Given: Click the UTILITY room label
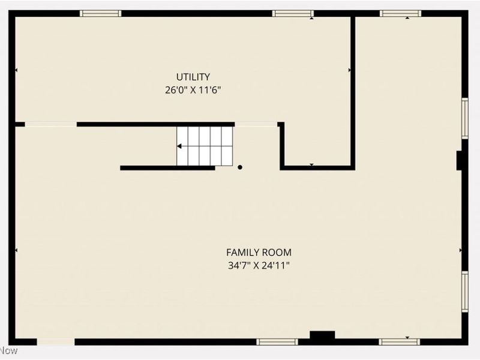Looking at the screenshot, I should (193, 77).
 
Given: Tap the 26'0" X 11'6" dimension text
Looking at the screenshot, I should (193, 91).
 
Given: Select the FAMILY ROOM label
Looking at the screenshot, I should (259, 253).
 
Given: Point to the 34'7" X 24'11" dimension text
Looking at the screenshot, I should (259, 265).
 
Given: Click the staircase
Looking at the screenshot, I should (204, 146).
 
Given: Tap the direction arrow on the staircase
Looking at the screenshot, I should (179, 146).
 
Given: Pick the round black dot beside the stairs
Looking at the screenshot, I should (240, 167).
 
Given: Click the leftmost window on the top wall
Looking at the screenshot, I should (101, 13).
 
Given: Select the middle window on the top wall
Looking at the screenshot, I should (292, 13).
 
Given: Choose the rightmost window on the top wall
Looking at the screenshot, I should (400, 13).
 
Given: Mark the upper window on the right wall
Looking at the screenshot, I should (464, 118).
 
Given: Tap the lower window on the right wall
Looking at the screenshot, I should (464, 292).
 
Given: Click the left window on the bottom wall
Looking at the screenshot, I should (277, 342).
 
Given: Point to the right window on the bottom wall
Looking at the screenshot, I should (400, 342).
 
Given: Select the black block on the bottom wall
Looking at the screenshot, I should (322, 338).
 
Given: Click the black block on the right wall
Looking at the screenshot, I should (459, 161).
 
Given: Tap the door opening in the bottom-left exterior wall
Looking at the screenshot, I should (56, 342).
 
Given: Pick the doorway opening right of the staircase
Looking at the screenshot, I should (256, 124).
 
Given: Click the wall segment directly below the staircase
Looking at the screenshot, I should (167, 168).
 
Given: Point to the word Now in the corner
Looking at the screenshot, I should (9, 350).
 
